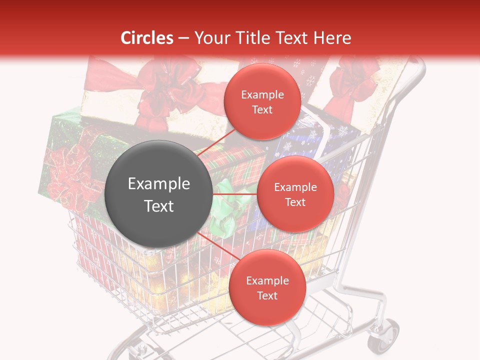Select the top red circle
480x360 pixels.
coord(262,101)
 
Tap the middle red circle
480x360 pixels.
coord(295,194)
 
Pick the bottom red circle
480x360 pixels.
coord(267,287)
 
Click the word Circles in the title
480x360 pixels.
coord(146,38)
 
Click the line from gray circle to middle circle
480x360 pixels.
coord(234,193)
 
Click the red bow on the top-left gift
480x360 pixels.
coord(165,92)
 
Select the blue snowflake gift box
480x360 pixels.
coord(320,140)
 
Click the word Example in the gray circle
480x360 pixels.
coord(159,184)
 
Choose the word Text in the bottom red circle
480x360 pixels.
coord(267,295)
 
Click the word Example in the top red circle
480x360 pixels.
coord(262,94)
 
